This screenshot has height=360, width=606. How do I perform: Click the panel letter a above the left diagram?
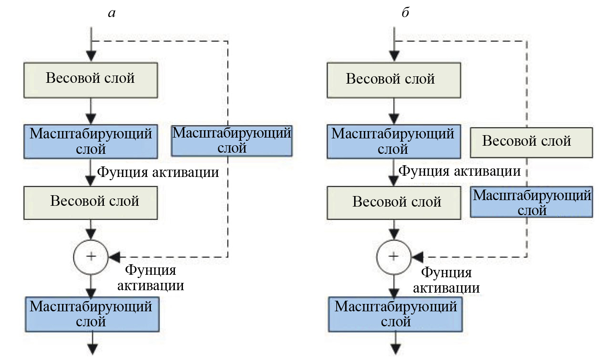[x=112, y=13]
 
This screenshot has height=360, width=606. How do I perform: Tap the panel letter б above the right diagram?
[x=405, y=13]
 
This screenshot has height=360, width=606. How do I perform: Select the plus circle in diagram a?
[x=91, y=257]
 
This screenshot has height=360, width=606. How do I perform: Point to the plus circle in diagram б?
[x=394, y=257]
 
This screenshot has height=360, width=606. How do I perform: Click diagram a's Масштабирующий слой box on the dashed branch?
[x=232, y=141]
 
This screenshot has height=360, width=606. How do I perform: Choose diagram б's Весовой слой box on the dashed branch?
[x=531, y=142]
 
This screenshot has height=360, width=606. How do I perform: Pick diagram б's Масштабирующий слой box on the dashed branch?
[x=531, y=202]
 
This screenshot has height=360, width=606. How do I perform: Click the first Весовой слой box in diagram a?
[x=90, y=80]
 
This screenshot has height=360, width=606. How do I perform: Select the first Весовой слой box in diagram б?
[x=393, y=80]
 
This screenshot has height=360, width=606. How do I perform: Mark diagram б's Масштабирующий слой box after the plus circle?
[x=395, y=314]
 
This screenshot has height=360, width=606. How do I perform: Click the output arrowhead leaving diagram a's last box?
[x=92, y=349]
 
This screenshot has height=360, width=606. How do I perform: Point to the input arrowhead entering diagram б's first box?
[x=394, y=56]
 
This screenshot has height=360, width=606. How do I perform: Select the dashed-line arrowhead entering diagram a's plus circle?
[x=115, y=257]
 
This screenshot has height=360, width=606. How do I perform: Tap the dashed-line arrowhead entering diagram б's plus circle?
[x=418, y=257]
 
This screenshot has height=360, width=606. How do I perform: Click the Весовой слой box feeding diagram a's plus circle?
[x=90, y=203]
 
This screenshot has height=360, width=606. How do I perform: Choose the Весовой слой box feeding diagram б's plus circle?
[x=393, y=203]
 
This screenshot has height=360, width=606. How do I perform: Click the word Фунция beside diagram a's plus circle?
[x=150, y=270]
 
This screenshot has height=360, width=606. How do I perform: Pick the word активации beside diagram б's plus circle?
[x=446, y=288]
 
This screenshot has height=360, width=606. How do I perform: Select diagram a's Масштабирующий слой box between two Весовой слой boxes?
[x=90, y=141]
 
